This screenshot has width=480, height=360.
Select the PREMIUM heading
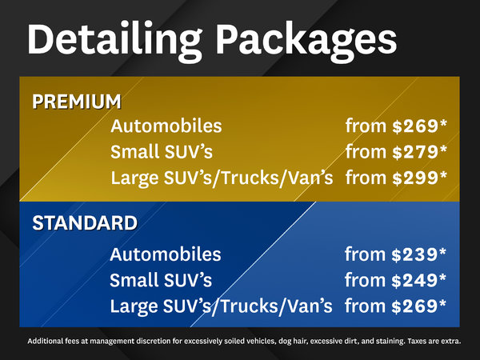[x=77, y=102]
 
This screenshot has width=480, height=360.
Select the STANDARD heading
[x=84, y=222]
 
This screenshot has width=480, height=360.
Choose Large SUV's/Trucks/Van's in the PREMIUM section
[x=221, y=177]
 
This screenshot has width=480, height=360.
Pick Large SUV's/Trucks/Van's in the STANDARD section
[x=221, y=306]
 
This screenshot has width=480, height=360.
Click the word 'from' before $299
[x=365, y=177]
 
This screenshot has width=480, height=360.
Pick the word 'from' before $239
[x=365, y=254]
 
